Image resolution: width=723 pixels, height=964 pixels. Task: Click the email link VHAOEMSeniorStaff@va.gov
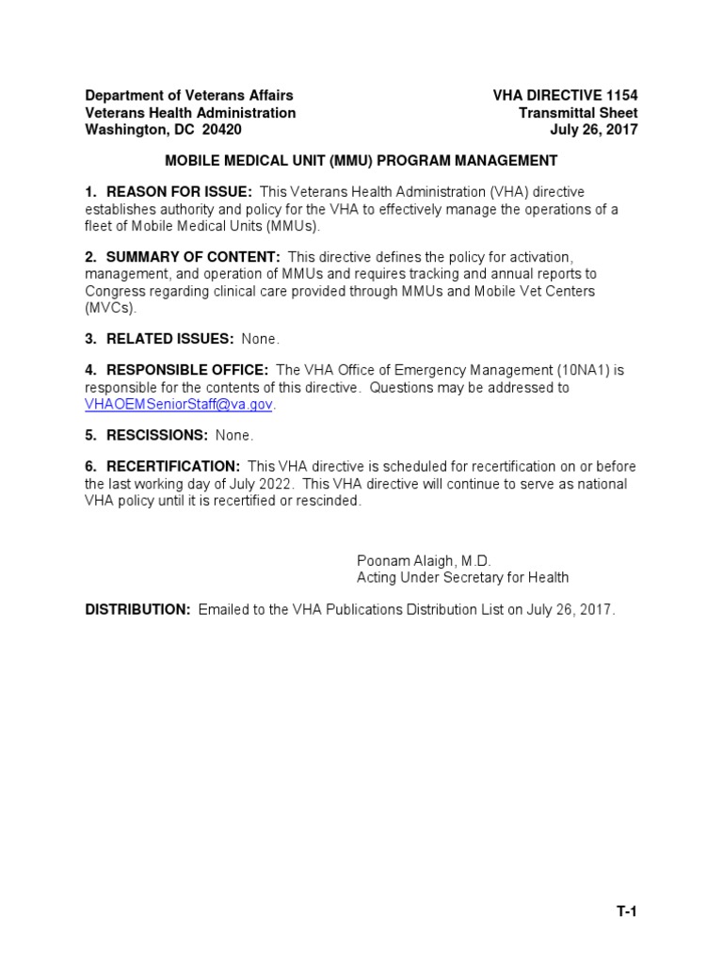tap(180, 404)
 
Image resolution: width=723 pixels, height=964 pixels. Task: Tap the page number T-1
tap(627, 911)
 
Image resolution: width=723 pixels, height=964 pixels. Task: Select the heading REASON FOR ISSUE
tap(179, 192)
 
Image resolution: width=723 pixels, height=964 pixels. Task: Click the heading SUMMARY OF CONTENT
tap(193, 257)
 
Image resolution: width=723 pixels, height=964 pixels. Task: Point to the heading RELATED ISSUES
tap(169, 338)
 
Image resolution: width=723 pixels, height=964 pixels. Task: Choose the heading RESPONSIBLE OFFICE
tap(187, 371)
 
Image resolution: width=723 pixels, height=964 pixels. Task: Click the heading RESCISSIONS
tap(157, 436)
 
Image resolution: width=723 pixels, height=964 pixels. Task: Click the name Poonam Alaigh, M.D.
tap(424, 559)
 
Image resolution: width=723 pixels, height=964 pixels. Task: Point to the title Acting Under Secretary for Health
tap(462, 577)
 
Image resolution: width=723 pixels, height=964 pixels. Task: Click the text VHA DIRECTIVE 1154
tap(565, 96)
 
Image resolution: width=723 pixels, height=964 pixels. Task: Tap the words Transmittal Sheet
tap(578, 113)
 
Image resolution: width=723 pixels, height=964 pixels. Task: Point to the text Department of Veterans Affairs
tap(189, 96)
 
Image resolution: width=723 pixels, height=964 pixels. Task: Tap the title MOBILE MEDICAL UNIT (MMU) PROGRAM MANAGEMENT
tap(361, 160)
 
